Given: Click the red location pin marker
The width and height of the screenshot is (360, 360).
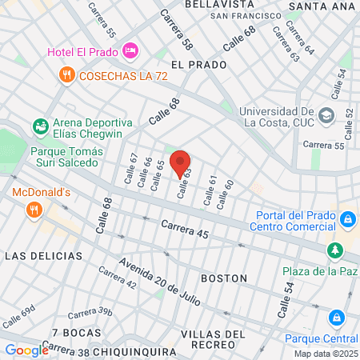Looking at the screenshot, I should tap(180, 162).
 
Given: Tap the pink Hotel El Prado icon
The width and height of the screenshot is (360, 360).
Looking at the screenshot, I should tap(130, 51).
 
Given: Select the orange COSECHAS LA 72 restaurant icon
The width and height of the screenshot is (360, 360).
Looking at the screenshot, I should tap(66, 74).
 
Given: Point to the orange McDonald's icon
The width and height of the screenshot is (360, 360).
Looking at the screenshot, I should tap(33, 210).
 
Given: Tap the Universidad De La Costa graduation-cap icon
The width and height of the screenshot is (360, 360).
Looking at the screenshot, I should tap(326, 115).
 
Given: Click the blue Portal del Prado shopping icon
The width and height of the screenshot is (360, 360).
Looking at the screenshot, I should tap(347, 218).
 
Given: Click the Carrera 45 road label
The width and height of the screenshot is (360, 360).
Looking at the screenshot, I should tap(185, 230).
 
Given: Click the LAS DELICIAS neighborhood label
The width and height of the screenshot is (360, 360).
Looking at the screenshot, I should tap(43, 255).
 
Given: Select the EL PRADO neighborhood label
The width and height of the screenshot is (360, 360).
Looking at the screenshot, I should tap(194, 63).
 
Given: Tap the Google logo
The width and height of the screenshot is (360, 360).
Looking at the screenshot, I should tap(26, 350).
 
